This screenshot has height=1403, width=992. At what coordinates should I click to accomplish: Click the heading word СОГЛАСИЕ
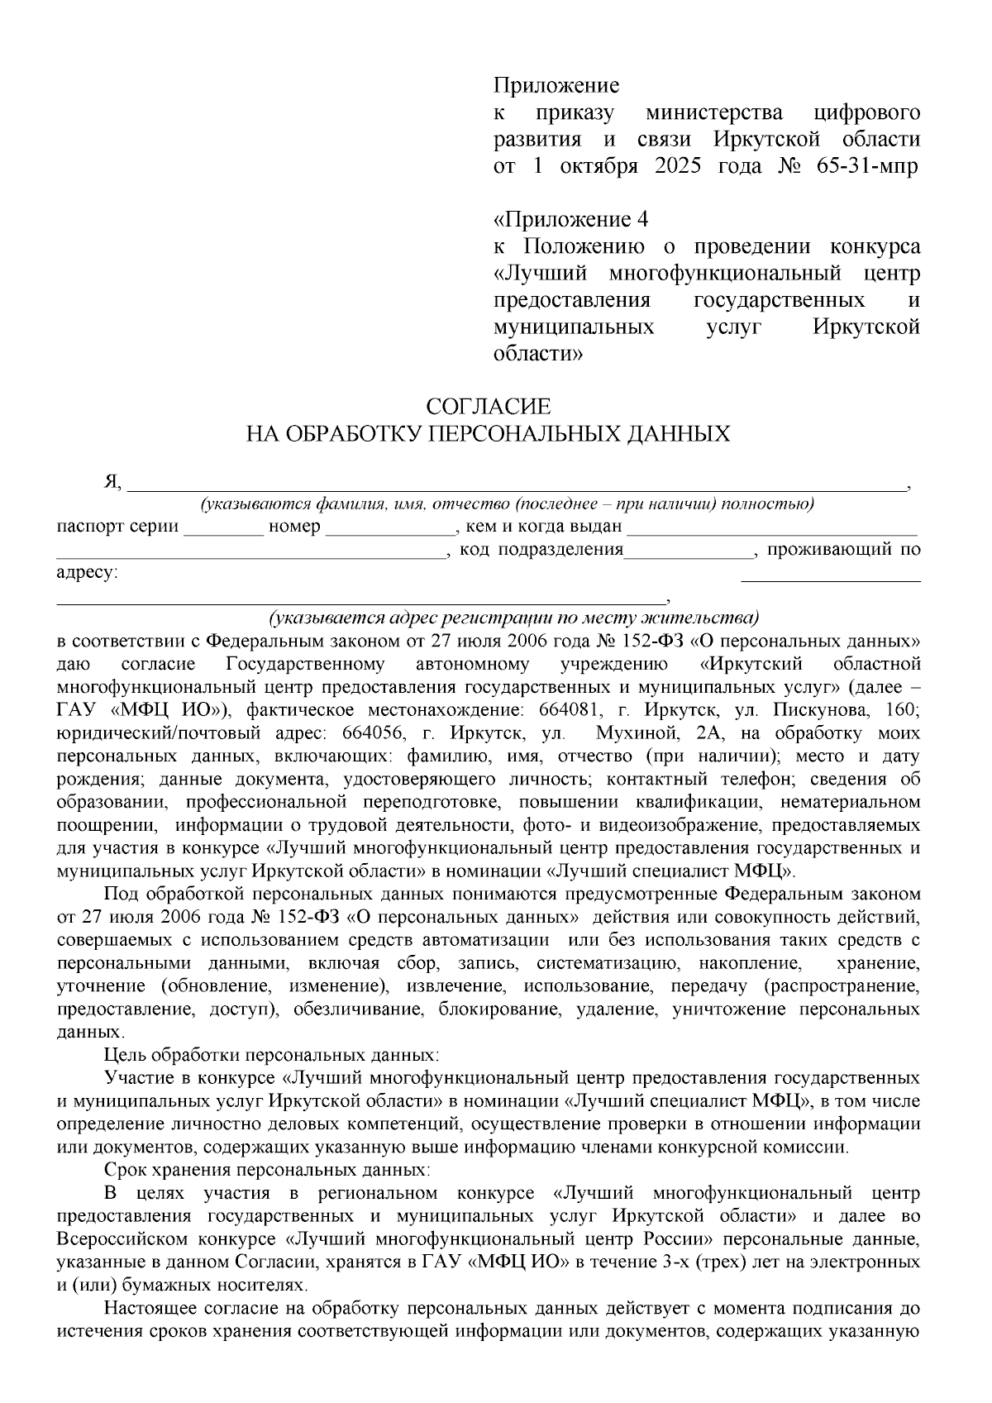coord(488,407)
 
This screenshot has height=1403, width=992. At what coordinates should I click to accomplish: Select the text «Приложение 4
coord(570,220)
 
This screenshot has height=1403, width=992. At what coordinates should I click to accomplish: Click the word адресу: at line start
coord(87,573)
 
